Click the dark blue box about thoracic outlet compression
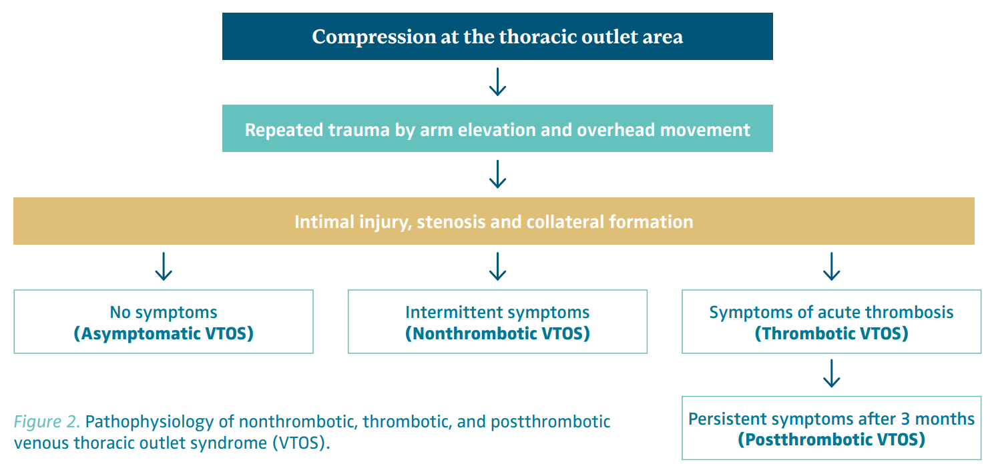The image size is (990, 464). coord(497,36)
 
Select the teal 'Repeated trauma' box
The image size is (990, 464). coord(497,129)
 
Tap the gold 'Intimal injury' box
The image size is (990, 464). coord(494,221)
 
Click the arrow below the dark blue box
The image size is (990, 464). coord(497,82)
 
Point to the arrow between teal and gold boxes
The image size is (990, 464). coord(497,175)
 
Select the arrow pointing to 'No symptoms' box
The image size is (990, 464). coord(164,267)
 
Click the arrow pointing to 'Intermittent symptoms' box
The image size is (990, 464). coord(497,267)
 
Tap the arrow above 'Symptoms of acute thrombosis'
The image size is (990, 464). coord(831,267)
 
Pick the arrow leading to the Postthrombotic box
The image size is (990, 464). coord(831,373)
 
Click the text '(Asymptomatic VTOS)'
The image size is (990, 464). coord(164,333)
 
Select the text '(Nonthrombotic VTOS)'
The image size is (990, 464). coord(497,333)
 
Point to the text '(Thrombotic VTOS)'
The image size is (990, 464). coord(831,333)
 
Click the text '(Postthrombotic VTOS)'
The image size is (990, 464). coord(831,440)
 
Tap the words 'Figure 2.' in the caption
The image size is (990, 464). coord(47,421)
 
